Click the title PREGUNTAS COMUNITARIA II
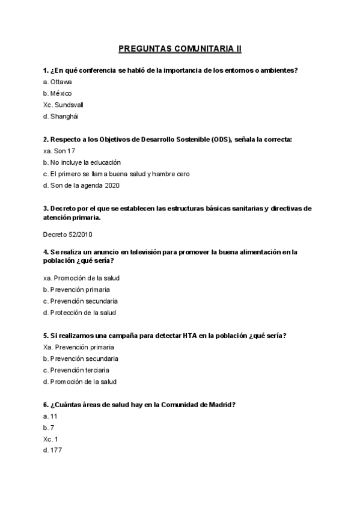(x=180, y=48)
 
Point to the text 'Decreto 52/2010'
(x=68, y=235)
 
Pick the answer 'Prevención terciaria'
(x=78, y=370)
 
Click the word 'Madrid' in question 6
(x=219, y=405)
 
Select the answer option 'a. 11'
(x=50, y=416)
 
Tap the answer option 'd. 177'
(x=52, y=450)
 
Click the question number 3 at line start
(x=46, y=209)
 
